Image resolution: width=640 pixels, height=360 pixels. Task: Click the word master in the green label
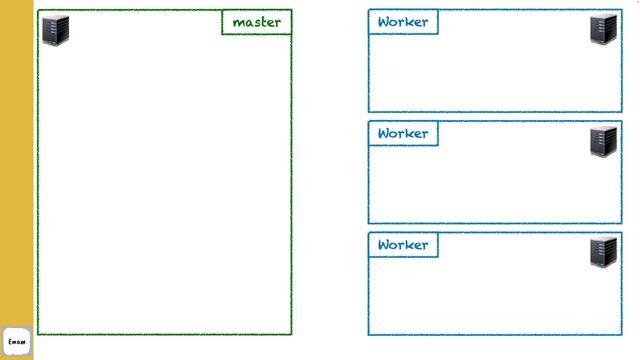[x=257, y=22]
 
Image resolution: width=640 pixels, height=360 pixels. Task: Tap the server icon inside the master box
[x=55, y=30]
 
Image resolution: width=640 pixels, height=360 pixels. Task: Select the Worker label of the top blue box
[x=403, y=22]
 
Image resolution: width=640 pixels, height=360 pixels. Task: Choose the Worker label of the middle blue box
[x=403, y=133]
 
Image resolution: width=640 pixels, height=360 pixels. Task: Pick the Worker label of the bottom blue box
[x=403, y=245]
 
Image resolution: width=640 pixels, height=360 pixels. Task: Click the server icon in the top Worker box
[x=603, y=29]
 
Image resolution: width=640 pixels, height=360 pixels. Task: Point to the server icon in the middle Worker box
[x=603, y=141]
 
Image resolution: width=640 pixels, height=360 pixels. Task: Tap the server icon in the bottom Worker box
[x=603, y=251]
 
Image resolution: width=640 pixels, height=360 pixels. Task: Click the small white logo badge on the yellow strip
[x=17, y=341]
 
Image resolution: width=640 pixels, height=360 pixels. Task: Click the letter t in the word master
[x=263, y=22]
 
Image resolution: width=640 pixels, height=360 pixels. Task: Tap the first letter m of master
[x=238, y=23]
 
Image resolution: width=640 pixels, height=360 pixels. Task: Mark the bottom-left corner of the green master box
[x=39, y=334]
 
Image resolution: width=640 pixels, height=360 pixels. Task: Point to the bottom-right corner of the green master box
[x=291, y=334]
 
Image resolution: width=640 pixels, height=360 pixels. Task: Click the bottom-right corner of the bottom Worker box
[x=621, y=334]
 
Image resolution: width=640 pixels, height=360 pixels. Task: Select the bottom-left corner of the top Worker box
[x=369, y=111]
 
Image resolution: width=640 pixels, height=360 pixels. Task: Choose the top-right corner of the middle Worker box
[x=621, y=122]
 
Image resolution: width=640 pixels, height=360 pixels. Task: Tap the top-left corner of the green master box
[x=39, y=11]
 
